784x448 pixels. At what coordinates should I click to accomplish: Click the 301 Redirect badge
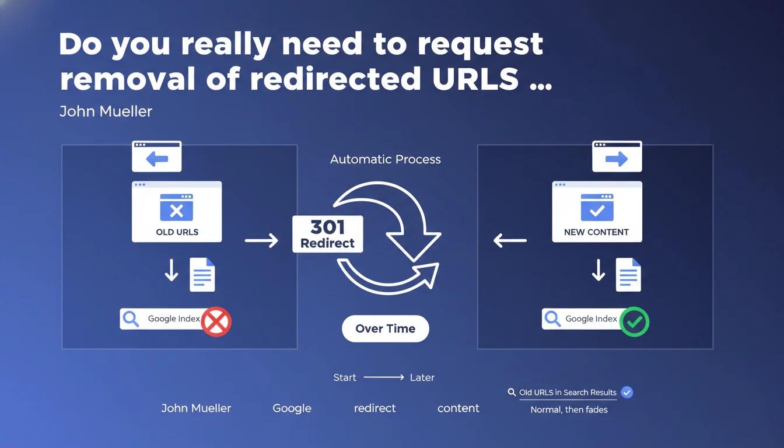[327, 234]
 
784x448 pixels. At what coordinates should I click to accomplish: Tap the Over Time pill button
[385, 329]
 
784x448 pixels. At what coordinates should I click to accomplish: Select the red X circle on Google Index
[216, 322]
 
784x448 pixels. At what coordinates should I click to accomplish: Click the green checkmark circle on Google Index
[634, 322]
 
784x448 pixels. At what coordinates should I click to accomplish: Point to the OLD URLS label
[177, 232]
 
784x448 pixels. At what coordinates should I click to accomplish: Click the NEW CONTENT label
[596, 232]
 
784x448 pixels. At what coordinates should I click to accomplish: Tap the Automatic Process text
[385, 159]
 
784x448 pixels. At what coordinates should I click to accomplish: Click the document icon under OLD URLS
[202, 275]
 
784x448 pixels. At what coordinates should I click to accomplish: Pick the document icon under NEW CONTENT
[628, 275]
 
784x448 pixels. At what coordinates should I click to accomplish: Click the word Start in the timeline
[345, 378]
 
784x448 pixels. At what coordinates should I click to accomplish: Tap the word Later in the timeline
[422, 378]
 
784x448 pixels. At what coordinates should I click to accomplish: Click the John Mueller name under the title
[106, 111]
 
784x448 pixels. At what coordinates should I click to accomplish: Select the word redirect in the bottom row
[374, 408]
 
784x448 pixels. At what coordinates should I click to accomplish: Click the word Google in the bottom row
[292, 408]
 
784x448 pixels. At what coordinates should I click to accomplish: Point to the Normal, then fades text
[569, 409]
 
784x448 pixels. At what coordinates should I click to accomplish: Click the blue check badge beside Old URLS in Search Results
[626, 393]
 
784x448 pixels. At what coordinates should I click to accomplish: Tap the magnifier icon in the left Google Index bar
[131, 319]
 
